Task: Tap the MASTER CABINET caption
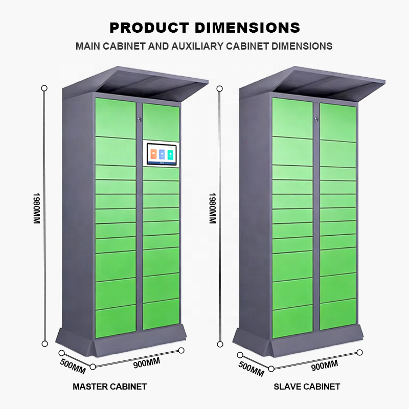(109, 387)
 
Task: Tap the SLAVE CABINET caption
(307, 387)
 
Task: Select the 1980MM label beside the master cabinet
(37, 210)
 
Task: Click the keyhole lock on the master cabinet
(139, 120)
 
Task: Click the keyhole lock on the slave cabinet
(316, 120)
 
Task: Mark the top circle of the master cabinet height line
(44, 88)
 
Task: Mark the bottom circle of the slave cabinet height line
(220, 344)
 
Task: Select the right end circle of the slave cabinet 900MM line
(360, 352)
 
